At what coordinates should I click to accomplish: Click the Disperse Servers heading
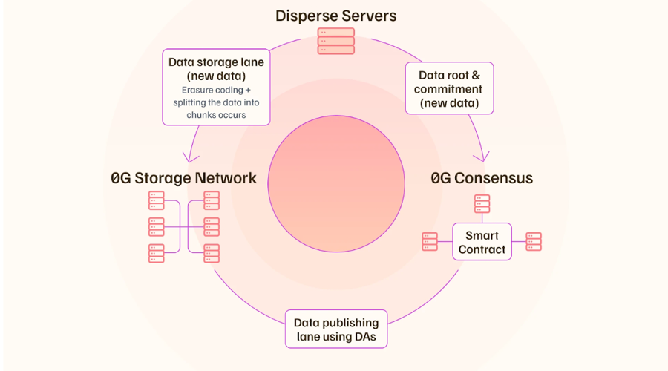pyautogui.click(x=335, y=16)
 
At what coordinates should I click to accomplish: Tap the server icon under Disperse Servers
pyautogui.click(x=335, y=41)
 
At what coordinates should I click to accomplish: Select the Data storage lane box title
pyautogui.click(x=216, y=69)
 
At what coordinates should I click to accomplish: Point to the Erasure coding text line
pyautogui.click(x=216, y=91)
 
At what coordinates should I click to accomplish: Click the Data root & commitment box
pyautogui.click(x=450, y=88)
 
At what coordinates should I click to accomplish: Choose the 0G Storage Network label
pyautogui.click(x=183, y=178)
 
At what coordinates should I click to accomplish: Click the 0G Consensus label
pyautogui.click(x=482, y=178)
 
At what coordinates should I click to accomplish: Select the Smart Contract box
pyautogui.click(x=482, y=241)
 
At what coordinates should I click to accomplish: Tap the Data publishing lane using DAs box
pyautogui.click(x=336, y=329)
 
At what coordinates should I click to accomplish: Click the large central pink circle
pyautogui.click(x=336, y=183)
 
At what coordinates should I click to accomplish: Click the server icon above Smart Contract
pyautogui.click(x=482, y=203)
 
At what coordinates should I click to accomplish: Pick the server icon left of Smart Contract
pyautogui.click(x=430, y=241)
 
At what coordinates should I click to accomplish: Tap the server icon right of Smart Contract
pyautogui.click(x=534, y=241)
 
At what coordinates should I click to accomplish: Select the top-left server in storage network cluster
pyautogui.click(x=157, y=200)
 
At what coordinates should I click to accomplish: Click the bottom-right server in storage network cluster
pyautogui.click(x=212, y=254)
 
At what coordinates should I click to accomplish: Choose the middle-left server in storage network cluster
pyautogui.click(x=157, y=227)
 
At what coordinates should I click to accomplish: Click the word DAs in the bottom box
pyautogui.click(x=364, y=337)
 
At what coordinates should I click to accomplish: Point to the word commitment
pyautogui.click(x=448, y=89)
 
